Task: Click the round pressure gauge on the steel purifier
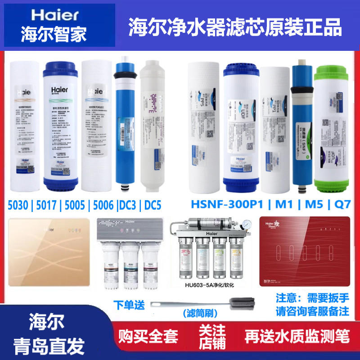(x=246, y=223)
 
